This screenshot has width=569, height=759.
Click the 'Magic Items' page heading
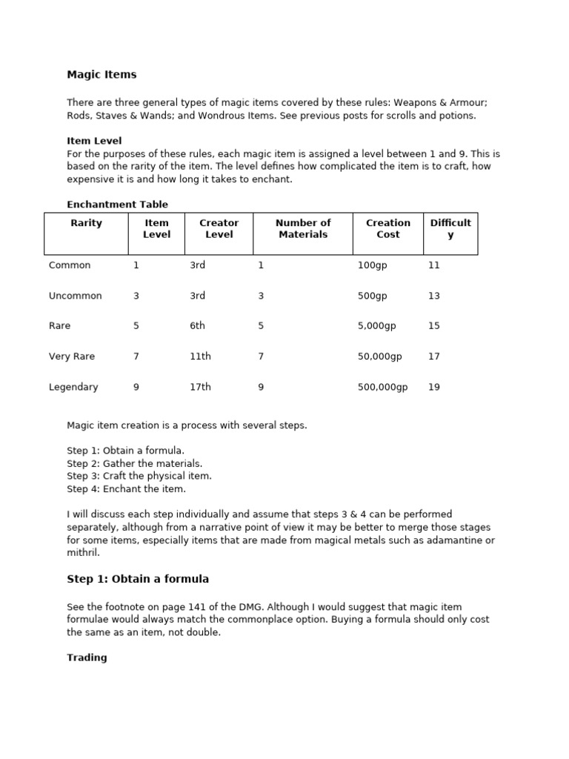[x=102, y=74]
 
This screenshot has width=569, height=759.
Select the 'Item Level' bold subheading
[x=94, y=141]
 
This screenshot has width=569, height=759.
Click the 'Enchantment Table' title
[x=117, y=204]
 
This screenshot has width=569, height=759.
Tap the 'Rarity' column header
[x=86, y=222]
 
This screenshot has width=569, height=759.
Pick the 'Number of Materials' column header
[x=302, y=228]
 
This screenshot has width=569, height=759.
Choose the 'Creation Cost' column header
[x=387, y=228]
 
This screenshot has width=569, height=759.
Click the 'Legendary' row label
[x=73, y=387]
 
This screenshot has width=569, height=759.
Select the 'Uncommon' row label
[x=75, y=296]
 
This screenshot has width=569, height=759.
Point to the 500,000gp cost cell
[x=382, y=387]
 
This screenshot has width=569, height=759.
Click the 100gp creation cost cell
[x=372, y=265]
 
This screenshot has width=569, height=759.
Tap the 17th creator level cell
[x=200, y=387]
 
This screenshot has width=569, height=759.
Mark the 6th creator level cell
[x=197, y=326]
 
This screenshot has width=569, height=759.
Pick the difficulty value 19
[x=433, y=387]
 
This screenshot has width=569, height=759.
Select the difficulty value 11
[x=433, y=265]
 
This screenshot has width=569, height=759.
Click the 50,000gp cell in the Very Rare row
[x=379, y=357]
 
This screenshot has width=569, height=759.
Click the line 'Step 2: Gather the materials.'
[x=134, y=463]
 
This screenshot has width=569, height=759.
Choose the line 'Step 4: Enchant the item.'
[x=126, y=488]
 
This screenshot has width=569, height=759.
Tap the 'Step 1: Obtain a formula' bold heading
[x=138, y=579]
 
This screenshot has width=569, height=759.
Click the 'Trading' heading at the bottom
[x=87, y=657]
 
